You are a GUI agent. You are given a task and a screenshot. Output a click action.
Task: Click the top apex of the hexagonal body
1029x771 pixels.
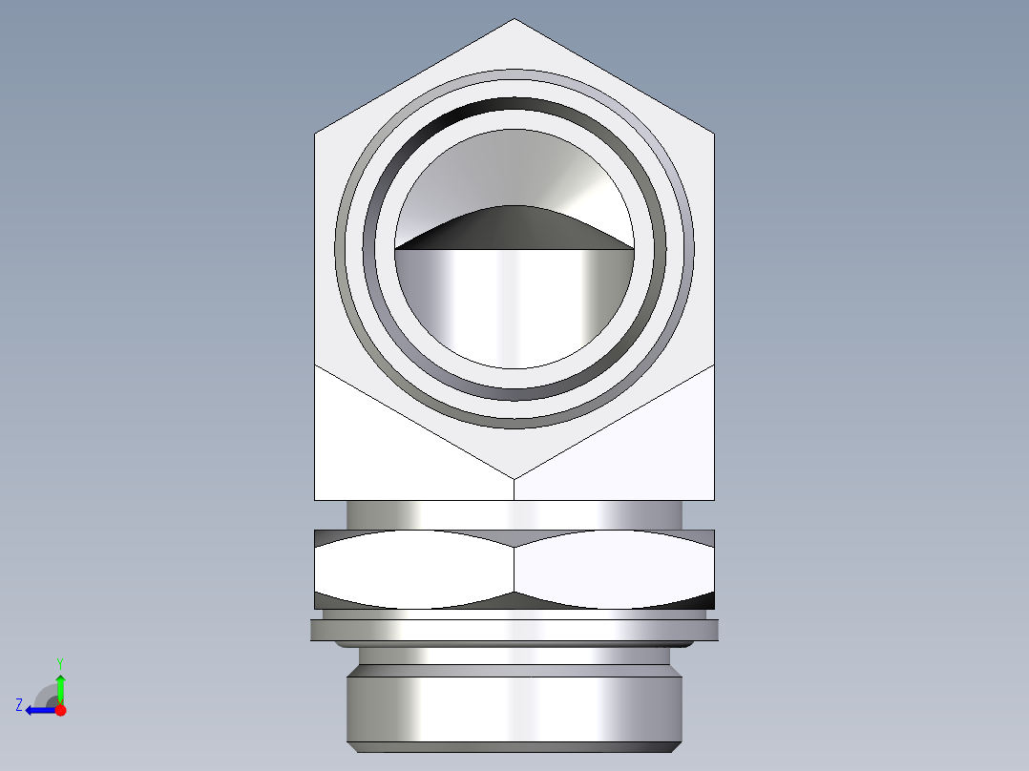[514, 20]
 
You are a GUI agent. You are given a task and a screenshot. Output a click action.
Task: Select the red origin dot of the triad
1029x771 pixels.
[60, 710]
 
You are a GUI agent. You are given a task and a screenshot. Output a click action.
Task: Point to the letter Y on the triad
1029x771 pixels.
[59, 662]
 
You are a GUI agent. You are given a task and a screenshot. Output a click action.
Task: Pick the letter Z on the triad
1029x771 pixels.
[19, 705]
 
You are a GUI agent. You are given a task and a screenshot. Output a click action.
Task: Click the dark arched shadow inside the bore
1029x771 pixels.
[514, 227]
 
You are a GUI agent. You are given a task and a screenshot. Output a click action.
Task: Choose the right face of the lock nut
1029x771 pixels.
[614, 570]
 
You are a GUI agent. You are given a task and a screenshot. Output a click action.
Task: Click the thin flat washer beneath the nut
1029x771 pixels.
[514, 630]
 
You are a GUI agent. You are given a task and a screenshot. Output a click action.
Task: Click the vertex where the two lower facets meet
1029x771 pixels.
[514, 475]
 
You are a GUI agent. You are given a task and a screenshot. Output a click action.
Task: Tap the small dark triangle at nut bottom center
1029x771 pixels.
[514, 601]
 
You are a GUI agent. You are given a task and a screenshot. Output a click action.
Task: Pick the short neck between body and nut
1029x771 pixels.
[514, 514]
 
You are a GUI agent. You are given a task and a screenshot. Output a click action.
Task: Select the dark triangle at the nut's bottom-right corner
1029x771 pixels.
[704, 600]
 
